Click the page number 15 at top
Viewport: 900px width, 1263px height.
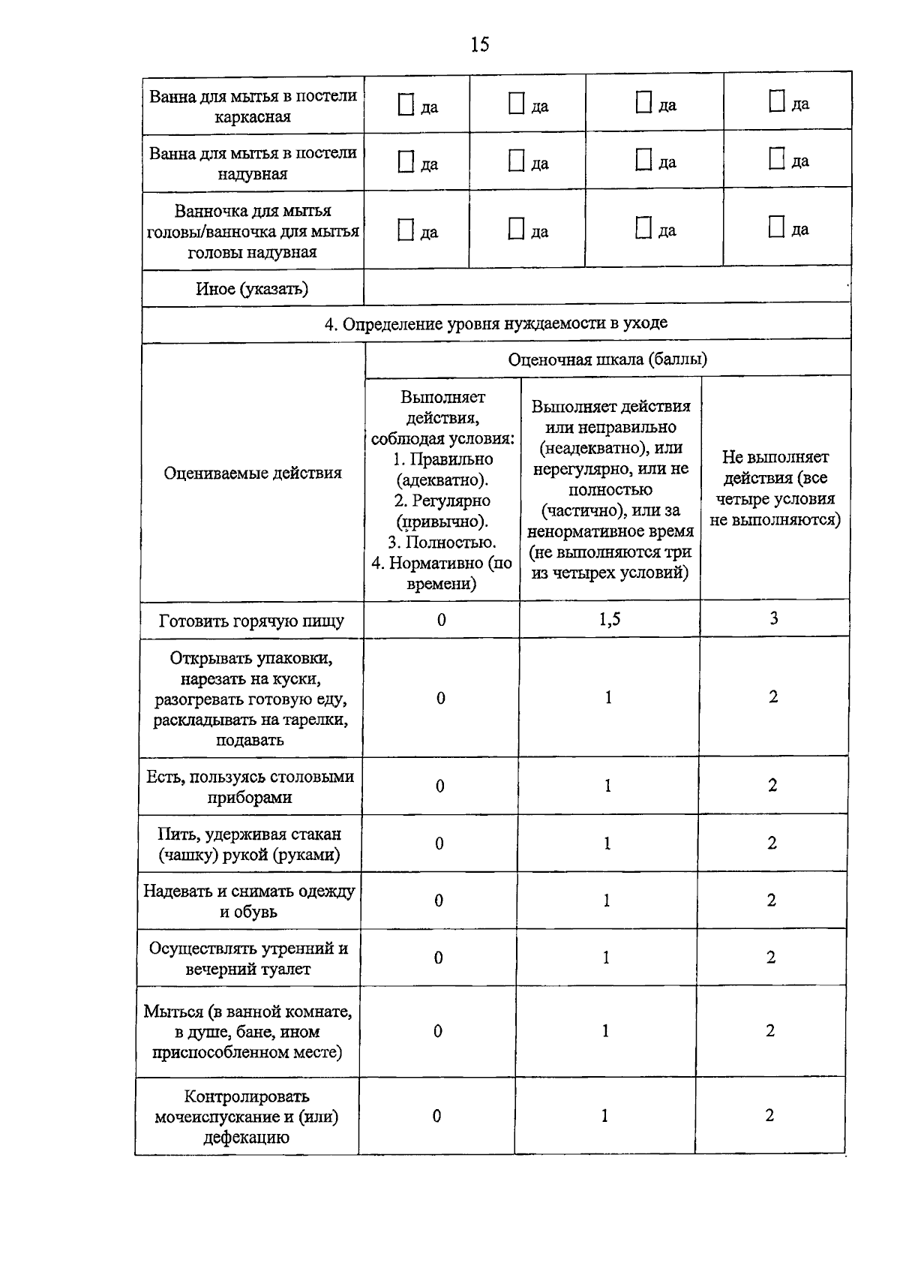[480, 45]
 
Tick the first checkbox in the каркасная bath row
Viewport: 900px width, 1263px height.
[406, 105]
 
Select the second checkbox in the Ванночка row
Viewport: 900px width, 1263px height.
[516, 229]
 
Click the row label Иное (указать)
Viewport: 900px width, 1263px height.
[252, 289]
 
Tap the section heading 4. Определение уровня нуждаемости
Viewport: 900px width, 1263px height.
[496, 323]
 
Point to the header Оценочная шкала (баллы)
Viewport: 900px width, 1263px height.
[607, 359]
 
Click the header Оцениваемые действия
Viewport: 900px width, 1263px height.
[253, 473]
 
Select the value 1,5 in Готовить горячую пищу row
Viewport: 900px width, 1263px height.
[610, 619]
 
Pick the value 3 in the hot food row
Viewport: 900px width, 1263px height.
[774, 618]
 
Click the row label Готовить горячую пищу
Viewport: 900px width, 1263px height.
[252, 621]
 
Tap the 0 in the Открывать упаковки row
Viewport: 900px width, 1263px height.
[441, 698]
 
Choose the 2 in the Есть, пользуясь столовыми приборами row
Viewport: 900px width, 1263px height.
[772, 786]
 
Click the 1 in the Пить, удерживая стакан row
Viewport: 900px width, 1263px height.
[607, 843]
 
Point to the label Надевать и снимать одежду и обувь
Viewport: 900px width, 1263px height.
[249, 901]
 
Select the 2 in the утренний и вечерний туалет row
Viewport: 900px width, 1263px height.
[771, 958]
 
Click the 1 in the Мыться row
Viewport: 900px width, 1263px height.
[605, 1031]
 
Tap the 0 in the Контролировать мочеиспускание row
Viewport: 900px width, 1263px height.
[436, 1116]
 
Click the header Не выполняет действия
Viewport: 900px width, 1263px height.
[775, 488]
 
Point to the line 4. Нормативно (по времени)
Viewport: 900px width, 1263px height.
[442, 573]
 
